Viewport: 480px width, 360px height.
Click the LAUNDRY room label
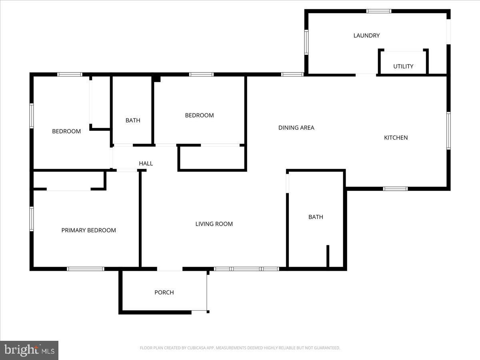(366, 36)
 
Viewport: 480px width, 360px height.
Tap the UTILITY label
(403, 66)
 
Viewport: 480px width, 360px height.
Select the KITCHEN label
(396, 138)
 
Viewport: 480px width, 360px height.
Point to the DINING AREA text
(296, 128)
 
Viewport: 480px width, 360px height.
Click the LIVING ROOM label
(214, 224)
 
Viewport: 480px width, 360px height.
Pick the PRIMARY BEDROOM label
(89, 230)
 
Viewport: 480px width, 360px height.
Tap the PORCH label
(164, 292)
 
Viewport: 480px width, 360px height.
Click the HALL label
(146, 163)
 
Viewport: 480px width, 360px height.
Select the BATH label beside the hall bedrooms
(133, 120)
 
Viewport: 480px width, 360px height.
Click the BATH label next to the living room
(316, 217)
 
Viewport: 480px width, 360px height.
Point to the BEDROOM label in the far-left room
(66, 131)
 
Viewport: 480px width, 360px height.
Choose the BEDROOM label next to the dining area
(199, 115)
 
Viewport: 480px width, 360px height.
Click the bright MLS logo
(29, 350)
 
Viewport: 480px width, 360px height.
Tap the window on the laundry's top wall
(379, 11)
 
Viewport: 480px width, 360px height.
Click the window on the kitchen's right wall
(448, 131)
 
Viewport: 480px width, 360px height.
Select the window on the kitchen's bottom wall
(395, 188)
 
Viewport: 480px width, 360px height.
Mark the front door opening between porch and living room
(170, 269)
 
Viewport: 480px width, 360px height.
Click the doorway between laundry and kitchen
(366, 74)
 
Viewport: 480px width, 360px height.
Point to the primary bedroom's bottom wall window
(86, 269)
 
